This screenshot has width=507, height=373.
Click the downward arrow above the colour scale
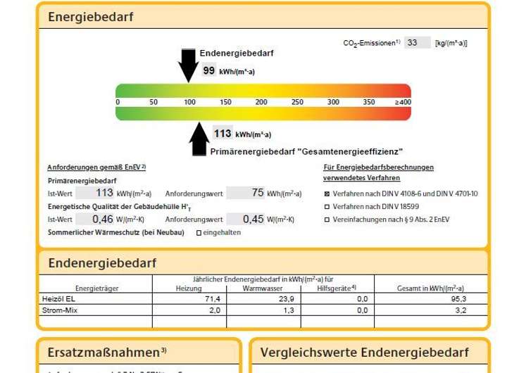click(x=189, y=65)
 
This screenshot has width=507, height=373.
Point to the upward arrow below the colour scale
click(x=200, y=139)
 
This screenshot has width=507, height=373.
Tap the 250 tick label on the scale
click(x=297, y=103)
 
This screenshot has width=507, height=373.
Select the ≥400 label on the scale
click(x=402, y=103)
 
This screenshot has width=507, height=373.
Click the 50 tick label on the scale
click(x=154, y=103)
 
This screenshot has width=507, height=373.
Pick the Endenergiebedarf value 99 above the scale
click(x=209, y=70)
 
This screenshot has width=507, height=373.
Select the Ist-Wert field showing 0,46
click(x=94, y=220)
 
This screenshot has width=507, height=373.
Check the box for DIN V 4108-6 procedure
click(x=327, y=194)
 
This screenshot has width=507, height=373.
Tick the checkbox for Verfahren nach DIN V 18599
click(x=327, y=207)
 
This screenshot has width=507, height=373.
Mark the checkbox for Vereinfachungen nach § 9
click(x=327, y=220)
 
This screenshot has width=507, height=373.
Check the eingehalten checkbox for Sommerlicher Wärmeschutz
click(x=199, y=233)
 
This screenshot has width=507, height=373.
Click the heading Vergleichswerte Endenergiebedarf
click(x=364, y=353)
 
